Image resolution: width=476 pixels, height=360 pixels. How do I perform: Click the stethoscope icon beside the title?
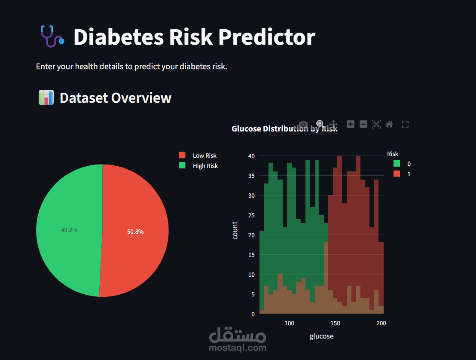(x=52, y=37)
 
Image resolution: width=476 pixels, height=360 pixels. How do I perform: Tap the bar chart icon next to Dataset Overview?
(x=46, y=98)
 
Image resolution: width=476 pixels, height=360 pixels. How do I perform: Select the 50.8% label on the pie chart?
(x=135, y=232)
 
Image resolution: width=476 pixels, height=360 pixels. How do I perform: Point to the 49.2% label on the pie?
(x=69, y=230)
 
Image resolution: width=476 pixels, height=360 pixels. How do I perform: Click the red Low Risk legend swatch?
(x=182, y=156)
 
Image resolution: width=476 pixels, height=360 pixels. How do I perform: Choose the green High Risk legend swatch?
(x=182, y=166)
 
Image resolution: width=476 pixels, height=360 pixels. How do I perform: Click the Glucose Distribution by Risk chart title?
(x=284, y=129)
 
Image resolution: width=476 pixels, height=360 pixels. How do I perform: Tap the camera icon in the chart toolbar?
(x=303, y=125)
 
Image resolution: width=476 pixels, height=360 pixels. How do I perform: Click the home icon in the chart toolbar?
(x=389, y=124)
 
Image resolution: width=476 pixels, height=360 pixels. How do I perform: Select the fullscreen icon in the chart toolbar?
(x=405, y=125)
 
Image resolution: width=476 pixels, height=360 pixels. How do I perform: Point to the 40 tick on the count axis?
(x=251, y=156)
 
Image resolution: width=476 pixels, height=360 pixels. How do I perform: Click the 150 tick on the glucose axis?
(x=336, y=323)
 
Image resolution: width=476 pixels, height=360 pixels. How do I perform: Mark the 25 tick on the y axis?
(x=251, y=215)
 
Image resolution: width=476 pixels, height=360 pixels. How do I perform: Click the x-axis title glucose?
(x=321, y=336)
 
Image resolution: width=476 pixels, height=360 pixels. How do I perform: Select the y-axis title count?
(x=235, y=230)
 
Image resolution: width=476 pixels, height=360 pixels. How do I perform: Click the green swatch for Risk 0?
(x=397, y=164)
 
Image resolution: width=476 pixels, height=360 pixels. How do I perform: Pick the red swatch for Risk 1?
(x=397, y=174)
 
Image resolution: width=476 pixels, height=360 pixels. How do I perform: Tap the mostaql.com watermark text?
(x=237, y=348)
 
